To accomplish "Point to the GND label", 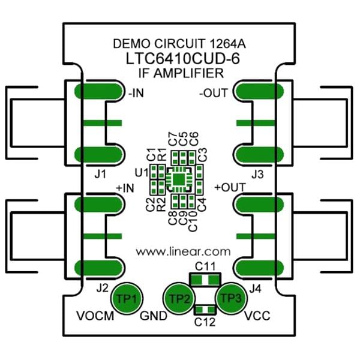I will pos(150,316).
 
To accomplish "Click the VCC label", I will pos(258,316).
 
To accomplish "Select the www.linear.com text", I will pos(184,250).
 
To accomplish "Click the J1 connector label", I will pos(101,175).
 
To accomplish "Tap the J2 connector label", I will pos(101,287).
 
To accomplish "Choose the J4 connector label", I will pos(255,287).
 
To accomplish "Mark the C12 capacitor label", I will pos(205,322).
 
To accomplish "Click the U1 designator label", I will pos(142,173).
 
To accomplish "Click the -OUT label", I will pos(212,93).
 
